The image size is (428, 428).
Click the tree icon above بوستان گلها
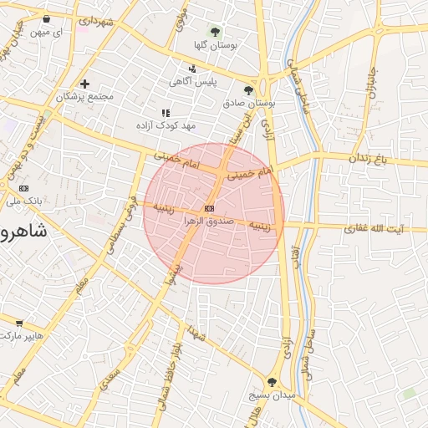216,32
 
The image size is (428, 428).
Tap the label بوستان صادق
249,103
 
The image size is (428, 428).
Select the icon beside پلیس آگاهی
193,69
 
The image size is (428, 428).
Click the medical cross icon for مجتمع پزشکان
85,84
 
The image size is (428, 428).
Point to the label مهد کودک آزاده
166,125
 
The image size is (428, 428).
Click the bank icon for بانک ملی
23,188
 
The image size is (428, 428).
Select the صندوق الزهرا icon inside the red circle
208,208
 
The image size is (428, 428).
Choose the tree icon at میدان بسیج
273,380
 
